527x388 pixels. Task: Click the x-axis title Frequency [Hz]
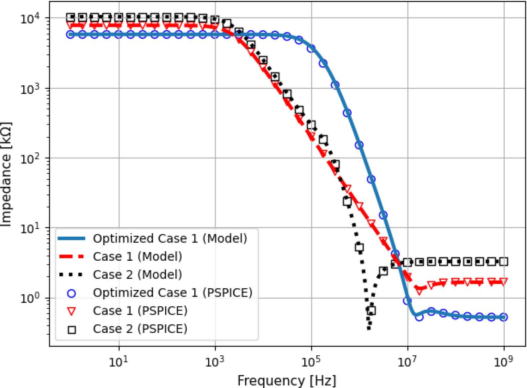287,380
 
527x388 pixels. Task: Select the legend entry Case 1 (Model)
137,257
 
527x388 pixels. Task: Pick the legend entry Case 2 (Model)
137,274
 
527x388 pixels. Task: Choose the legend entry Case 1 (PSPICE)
140,311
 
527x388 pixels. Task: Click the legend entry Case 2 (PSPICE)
140,329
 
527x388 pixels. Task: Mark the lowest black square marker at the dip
371,311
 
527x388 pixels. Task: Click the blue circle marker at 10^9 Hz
504,317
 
